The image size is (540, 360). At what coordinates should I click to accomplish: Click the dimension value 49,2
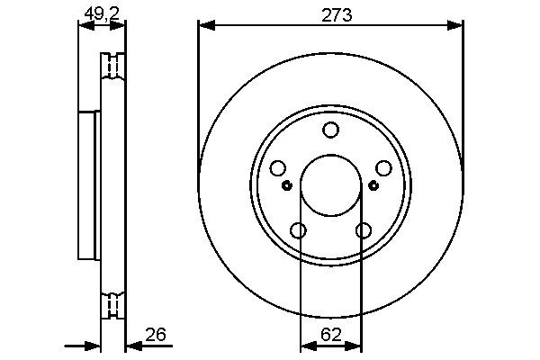click(100, 13)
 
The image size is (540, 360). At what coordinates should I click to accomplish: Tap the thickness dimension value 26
click(155, 336)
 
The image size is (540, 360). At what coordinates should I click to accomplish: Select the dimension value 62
click(330, 335)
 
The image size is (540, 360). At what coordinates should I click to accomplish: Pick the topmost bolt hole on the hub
click(330, 130)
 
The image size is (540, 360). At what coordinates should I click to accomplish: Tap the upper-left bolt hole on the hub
click(277, 168)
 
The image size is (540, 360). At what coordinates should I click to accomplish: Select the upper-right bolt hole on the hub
click(383, 168)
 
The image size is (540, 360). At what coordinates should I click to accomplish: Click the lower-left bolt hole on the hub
click(298, 230)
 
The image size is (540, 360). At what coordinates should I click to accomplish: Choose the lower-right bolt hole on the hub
click(363, 230)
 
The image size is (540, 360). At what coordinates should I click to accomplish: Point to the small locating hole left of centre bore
click(286, 186)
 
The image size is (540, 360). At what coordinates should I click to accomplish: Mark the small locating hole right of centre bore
click(374, 186)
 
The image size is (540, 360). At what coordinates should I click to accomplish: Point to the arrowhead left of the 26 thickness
click(94, 346)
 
